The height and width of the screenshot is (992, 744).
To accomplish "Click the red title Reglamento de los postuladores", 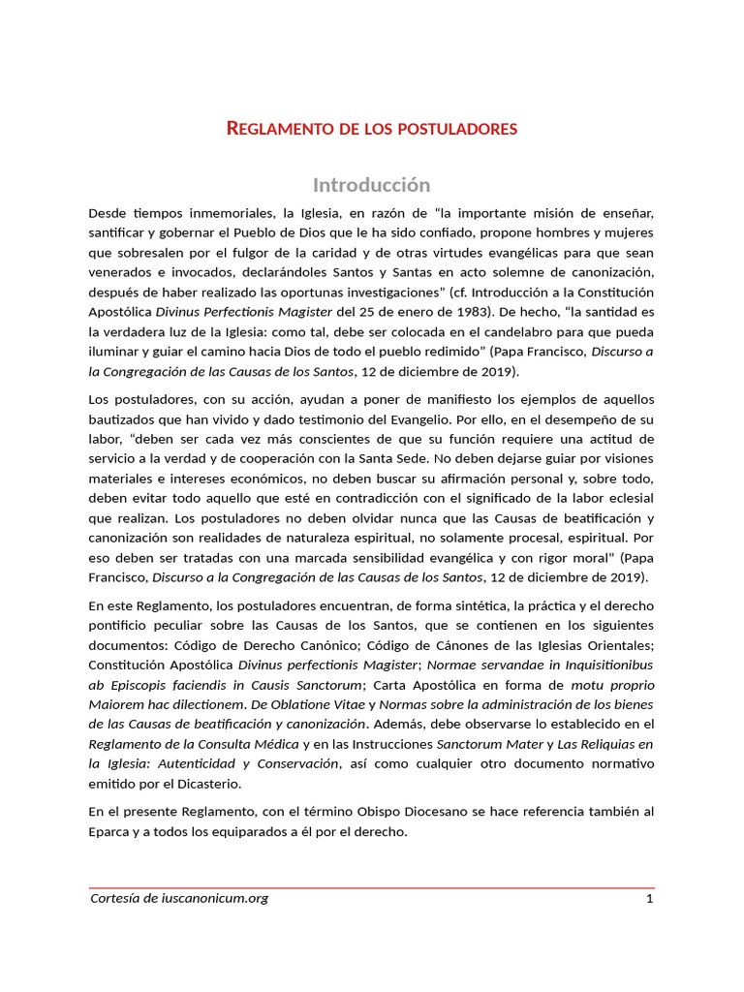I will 372,128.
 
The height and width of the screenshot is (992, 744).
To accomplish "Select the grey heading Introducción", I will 371,184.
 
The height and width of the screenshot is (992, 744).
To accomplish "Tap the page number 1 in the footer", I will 650,898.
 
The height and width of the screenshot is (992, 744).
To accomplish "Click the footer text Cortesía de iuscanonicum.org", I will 178,898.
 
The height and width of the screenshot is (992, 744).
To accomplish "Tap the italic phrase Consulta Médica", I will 251,743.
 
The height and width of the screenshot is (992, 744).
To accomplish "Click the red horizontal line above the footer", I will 371,886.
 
